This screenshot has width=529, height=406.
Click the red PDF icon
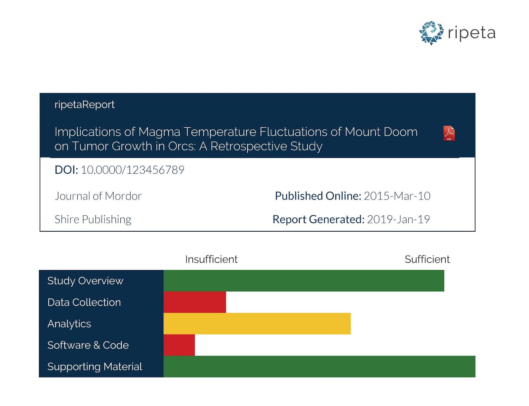point(449,133)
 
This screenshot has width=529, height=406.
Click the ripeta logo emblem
point(431,33)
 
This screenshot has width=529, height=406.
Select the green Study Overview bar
point(304,281)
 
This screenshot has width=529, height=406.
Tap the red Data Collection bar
point(194,302)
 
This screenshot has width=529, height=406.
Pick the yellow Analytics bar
point(257,323)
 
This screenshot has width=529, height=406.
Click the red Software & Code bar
point(179,345)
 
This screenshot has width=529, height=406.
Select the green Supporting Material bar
point(319,366)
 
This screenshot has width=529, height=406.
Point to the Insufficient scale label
point(211,259)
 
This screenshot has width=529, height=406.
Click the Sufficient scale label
point(427,259)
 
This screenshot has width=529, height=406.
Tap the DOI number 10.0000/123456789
point(132,170)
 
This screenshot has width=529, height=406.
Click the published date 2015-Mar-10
point(397,196)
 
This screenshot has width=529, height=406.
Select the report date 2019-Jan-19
point(398,219)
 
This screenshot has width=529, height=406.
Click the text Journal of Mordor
point(98,196)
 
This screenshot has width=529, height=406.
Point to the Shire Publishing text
point(93,219)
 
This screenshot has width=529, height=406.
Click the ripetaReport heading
point(84,105)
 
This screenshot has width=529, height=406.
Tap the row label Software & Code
point(88,345)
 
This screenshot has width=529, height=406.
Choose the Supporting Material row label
point(95,367)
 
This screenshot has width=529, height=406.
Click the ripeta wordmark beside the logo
point(471,33)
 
